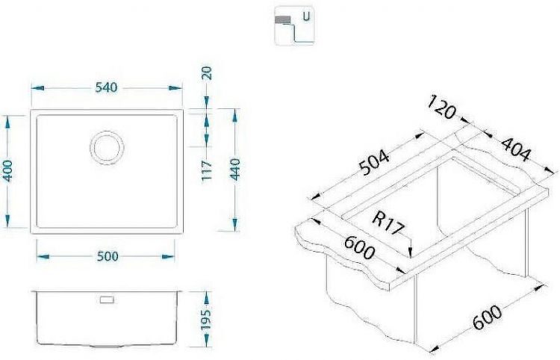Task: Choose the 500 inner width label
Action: (x=108, y=256)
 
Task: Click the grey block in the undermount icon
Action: (x=283, y=18)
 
